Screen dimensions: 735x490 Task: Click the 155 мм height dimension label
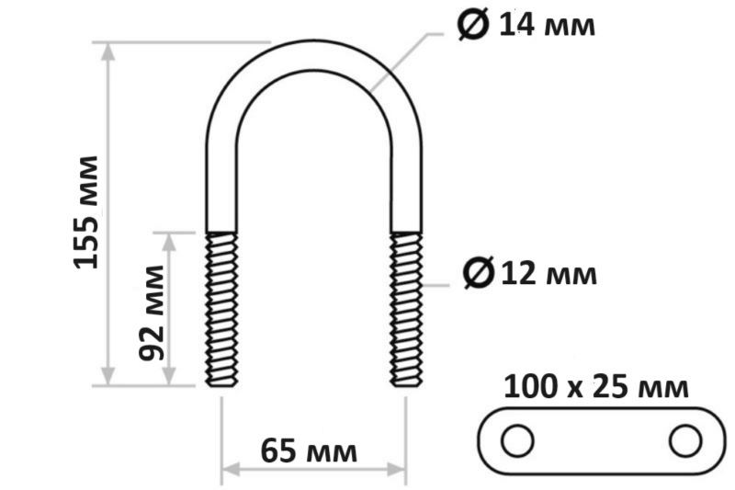pyautogui.click(x=86, y=212)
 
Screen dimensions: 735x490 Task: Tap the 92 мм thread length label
pyautogui.click(x=152, y=313)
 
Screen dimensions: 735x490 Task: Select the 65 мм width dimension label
pyautogui.click(x=309, y=451)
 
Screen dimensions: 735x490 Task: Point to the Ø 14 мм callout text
pyautogui.click(x=526, y=24)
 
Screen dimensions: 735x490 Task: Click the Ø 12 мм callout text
pyautogui.click(x=530, y=273)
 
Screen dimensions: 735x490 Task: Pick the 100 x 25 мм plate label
pyautogui.click(x=596, y=387)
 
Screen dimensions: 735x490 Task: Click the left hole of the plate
pyautogui.click(x=517, y=440)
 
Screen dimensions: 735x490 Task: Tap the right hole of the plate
pyautogui.click(x=685, y=440)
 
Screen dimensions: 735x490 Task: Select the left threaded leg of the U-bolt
pyautogui.click(x=221, y=310)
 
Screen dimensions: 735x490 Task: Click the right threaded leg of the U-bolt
pyautogui.click(x=406, y=310)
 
